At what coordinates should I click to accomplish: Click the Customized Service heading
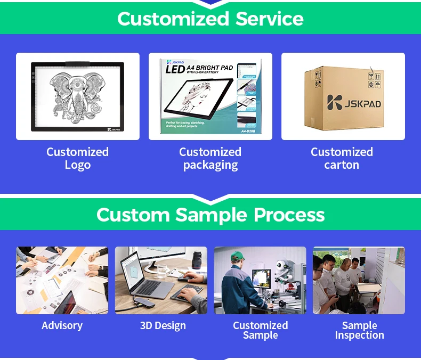click(x=210, y=19)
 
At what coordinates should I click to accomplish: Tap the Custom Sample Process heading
click(x=210, y=215)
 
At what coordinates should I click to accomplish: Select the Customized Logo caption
click(x=78, y=158)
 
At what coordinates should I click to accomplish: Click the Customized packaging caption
click(x=210, y=158)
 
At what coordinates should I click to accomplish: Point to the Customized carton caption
click(x=342, y=158)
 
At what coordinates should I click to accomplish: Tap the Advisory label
click(x=62, y=325)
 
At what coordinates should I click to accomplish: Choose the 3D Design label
click(x=163, y=325)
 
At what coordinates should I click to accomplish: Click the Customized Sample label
click(x=261, y=330)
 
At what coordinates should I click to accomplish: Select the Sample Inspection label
click(x=360, y=330)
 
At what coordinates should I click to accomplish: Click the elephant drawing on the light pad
click(x=78, y=96)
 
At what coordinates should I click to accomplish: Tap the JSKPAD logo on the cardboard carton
click(x=354, y=103)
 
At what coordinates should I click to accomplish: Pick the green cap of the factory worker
click(x=237, y=256)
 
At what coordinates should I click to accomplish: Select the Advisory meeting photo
click(x=62, y=280)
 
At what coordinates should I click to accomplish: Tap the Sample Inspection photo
click(x=359, y=280)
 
